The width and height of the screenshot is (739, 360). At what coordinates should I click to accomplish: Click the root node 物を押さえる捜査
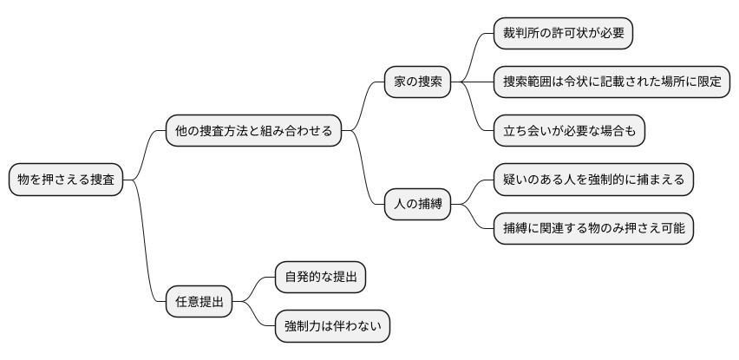pos(65,180)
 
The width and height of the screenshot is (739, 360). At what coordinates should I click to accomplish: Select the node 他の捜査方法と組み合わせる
pos(253,131)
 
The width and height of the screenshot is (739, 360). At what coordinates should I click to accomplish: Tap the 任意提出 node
pos(199,302)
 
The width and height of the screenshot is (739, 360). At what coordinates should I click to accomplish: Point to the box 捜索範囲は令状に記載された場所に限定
pos(611,82)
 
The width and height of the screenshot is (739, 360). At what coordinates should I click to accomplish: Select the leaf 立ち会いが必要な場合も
pos(569,131)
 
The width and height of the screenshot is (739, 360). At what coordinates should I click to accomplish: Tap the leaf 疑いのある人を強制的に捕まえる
pos(593,180)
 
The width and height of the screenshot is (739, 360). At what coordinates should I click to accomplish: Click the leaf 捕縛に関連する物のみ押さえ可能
pos(593,228)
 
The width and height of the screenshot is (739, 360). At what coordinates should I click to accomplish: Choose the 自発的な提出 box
pos(319,278)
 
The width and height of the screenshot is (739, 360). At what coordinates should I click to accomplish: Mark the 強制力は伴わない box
pos(331,326)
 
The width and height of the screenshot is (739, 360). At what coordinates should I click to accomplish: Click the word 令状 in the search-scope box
pos(590,82)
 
